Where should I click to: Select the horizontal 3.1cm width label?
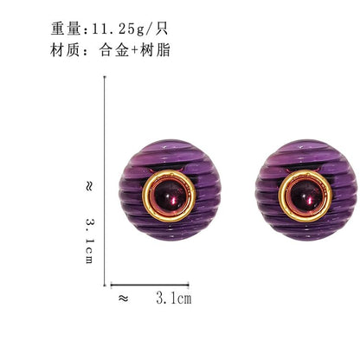[x=173, y=299]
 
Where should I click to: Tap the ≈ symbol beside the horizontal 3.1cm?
[x=124, y=299]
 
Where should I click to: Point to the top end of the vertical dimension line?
[x=105, y=77]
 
